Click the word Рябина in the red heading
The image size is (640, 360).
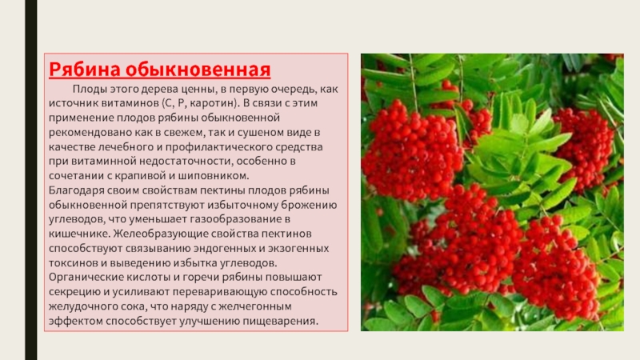coord(85,70)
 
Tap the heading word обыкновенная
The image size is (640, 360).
coord(198,70)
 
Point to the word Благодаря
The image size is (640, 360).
coord(75,190)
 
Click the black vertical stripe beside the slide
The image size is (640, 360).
coord(31,180)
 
